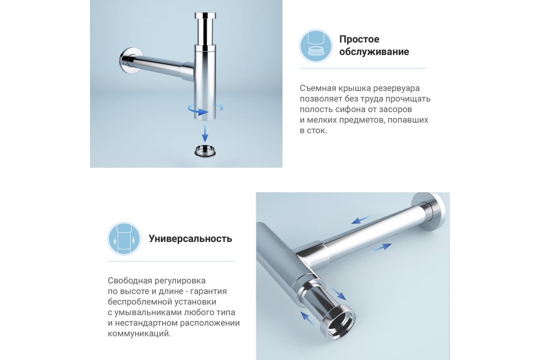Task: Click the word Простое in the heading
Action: (359, 39)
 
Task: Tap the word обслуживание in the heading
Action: (374, 52)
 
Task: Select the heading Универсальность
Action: (190, 238)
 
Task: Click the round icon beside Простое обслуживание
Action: (316, 46)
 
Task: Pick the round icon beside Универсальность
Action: (124, 238)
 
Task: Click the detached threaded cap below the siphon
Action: (205, 151)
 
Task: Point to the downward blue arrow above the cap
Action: (205, 133)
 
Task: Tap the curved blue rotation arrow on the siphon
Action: (205, 110)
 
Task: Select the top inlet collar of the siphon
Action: (205, 15)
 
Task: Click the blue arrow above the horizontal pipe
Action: (360, 220)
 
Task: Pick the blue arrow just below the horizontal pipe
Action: (382, 247)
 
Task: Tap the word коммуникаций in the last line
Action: (139, 334)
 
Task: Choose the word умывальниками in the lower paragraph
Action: (148, 312)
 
